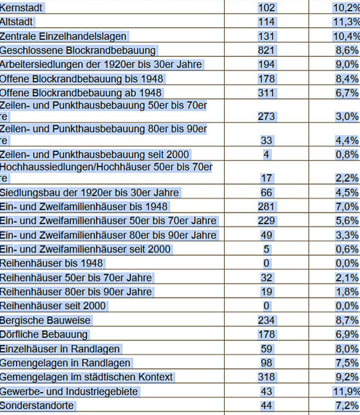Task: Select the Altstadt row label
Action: pyautogui.click(x=17, y=22)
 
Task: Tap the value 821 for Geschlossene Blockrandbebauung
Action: pyautogui.click(x=266, y=51)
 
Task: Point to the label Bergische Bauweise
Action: pyautogui.click(x=45, y=321)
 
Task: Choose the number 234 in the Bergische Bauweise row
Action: pyautogui.click(x=266, y=321)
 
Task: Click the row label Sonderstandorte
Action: pyautogui.click(x=37, y=406)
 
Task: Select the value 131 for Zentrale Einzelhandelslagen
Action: pyautogui.click(x=266, y=36)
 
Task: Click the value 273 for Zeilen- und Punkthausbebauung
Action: pyautogui.click(x=266, y=116)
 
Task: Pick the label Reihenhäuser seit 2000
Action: pyautogui.click(x=53, y=306)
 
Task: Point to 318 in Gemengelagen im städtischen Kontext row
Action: pyautogui.click(x=266, y=377)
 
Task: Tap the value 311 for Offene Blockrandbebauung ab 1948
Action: pyautogui.click(x=266, y=93)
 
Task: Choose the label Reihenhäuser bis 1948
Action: pyautogui.click(x=52, y=263)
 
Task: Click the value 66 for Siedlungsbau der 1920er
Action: pyautogui.click(x=266, y=193)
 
